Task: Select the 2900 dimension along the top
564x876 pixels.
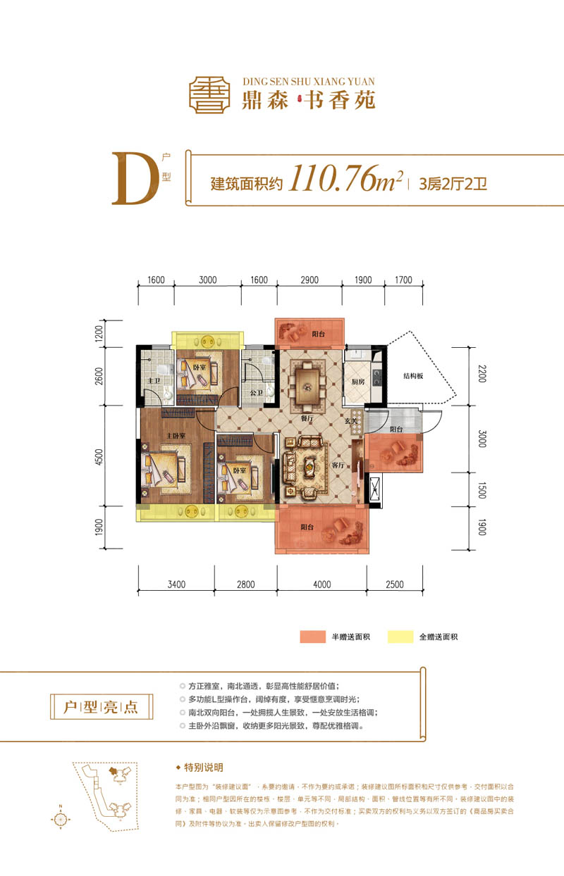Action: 309,280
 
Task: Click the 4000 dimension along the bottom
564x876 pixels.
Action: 321,584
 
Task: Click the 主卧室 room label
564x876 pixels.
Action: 176,436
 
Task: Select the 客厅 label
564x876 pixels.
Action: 338,465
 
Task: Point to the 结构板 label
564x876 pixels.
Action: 412,375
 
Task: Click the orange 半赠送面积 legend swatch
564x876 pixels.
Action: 312,637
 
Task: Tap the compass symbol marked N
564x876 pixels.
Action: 61,819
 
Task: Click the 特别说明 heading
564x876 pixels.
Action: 203,768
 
